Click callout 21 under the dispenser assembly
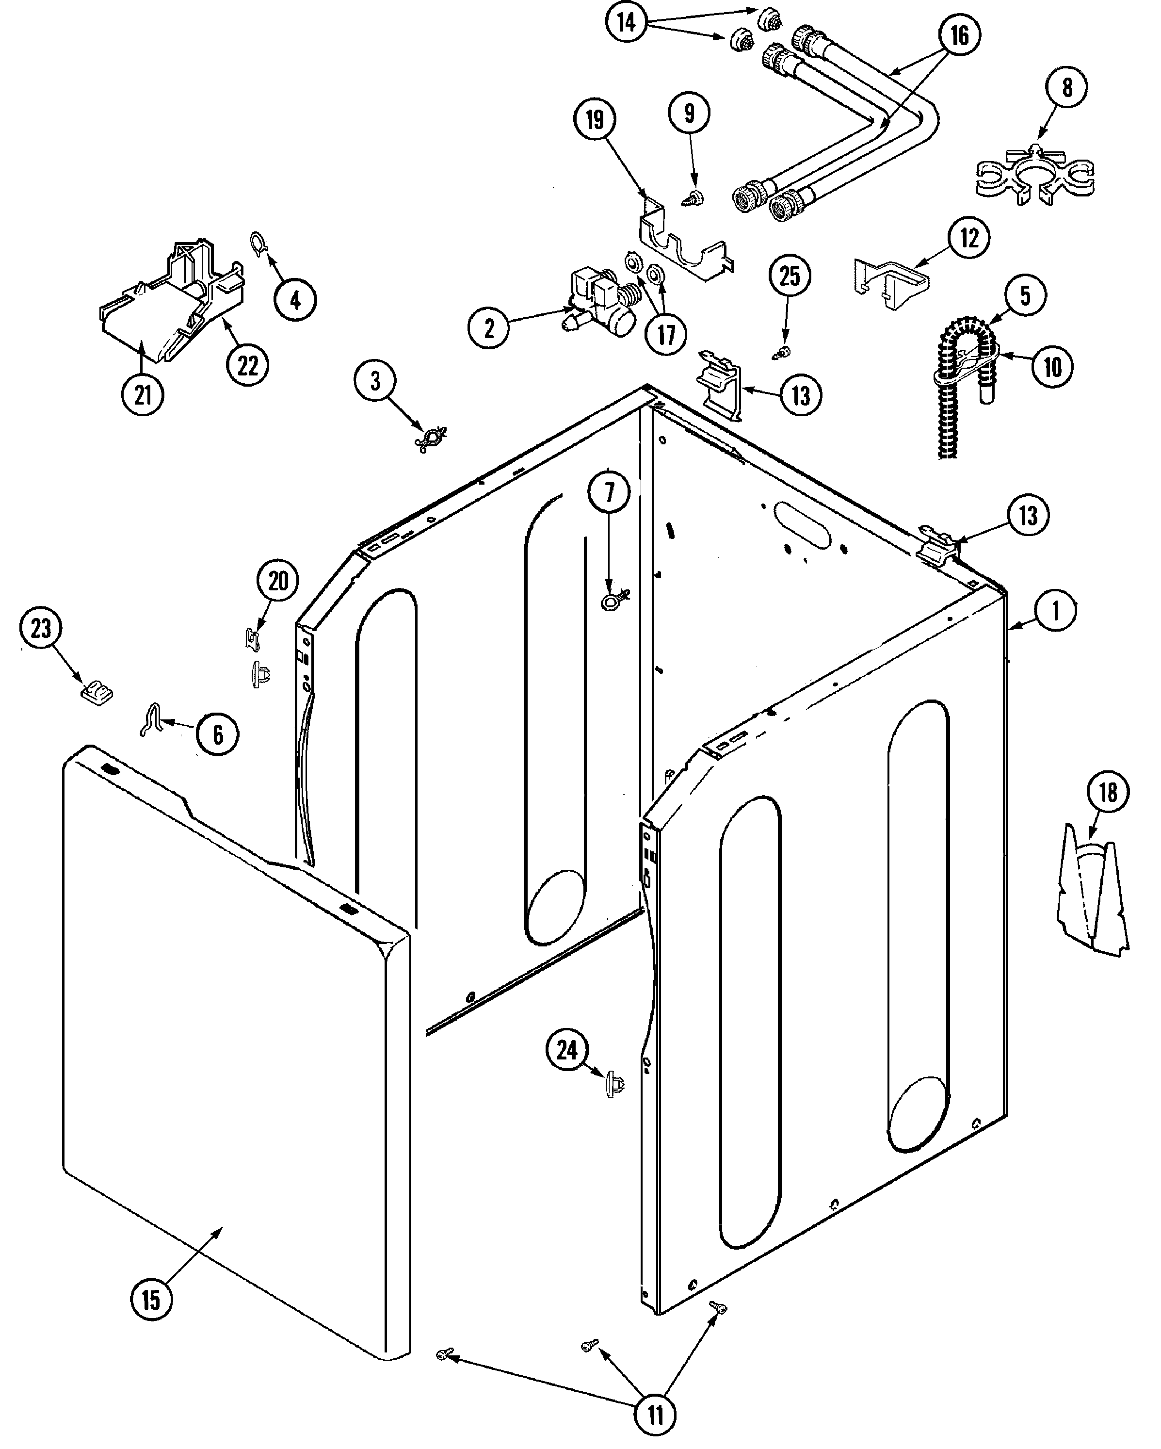click(143, 395)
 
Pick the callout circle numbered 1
click(1055, 611)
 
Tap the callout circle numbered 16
click(959, 35)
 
